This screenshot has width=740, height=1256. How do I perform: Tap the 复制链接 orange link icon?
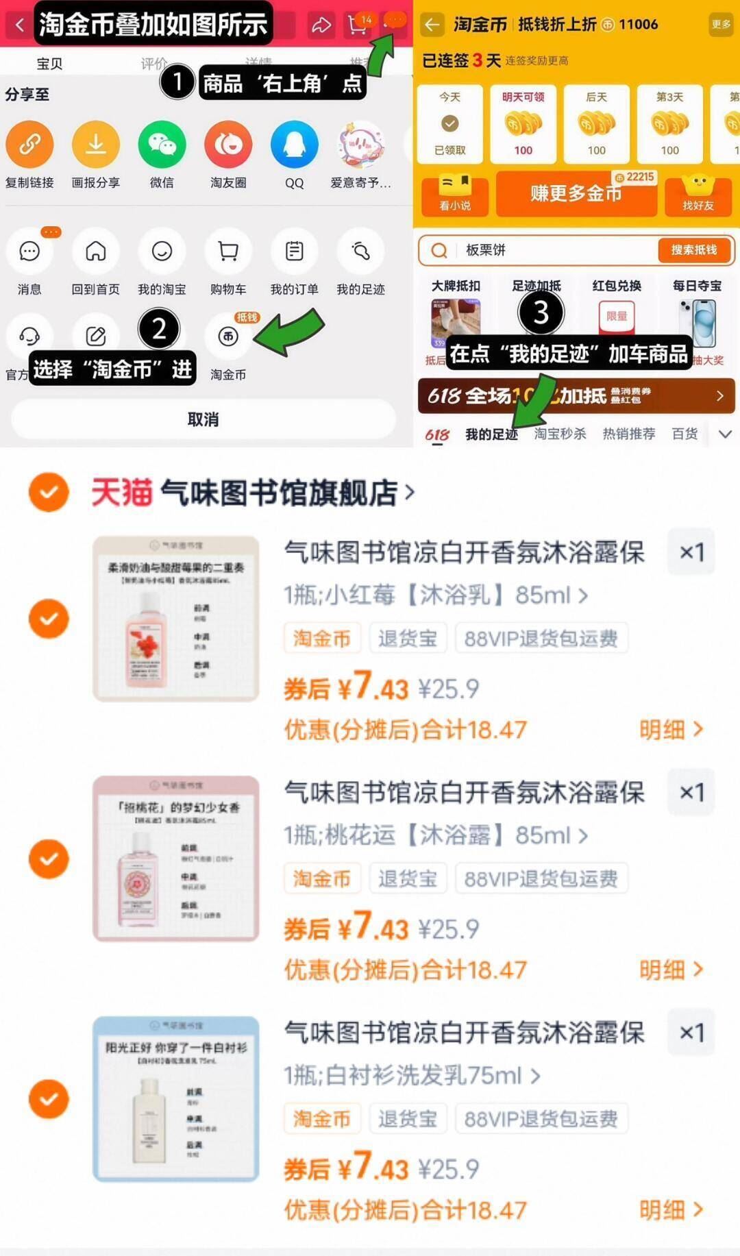pyautogui.click(x=29, y=145)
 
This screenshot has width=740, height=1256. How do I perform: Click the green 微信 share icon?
pyautogui.click(x=162, y=145)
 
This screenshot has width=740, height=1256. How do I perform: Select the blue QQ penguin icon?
pyautogui.click(x=294, y=145)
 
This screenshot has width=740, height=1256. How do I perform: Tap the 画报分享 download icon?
pyautogui.click(x=96, y=145)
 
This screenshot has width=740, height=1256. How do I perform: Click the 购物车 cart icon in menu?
pyautogui.click(x=227, y=251)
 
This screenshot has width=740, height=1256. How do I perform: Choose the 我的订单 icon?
pyautogui.click(x=294, y=251)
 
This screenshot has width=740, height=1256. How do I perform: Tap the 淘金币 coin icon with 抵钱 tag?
pyautogui.click(x=228, y=336)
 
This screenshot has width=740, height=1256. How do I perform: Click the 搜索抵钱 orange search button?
pyautogui.click(x=693, y=250)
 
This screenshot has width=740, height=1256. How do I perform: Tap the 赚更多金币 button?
pyautogui.click(x=576, y=194)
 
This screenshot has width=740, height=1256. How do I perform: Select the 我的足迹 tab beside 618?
pyautogui.click(x=491, y=434)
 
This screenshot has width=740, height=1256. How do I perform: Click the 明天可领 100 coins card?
pyautogui.click(x=523, y=124)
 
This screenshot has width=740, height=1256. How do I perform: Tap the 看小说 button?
pyautogui.click(x=454, y=195)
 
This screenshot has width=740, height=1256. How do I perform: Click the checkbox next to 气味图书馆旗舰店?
pyautogui.click(x=49, y=492)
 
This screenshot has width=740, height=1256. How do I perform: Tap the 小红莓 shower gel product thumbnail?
pyautogui.click(x=176, y=619)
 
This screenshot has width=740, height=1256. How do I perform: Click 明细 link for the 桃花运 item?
pyautogui.click(x=670, y=970)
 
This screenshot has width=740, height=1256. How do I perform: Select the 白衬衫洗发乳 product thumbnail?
pyautogui.click(x=176, y=1099)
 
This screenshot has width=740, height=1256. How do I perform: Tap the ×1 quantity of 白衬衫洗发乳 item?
pyautogui.click(x=691, y=1032)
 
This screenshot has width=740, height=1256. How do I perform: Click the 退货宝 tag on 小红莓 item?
pyautogui.click(x=408, y=639)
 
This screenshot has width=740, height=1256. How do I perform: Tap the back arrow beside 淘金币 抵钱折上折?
pyautogui.click(x=432, y=25)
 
